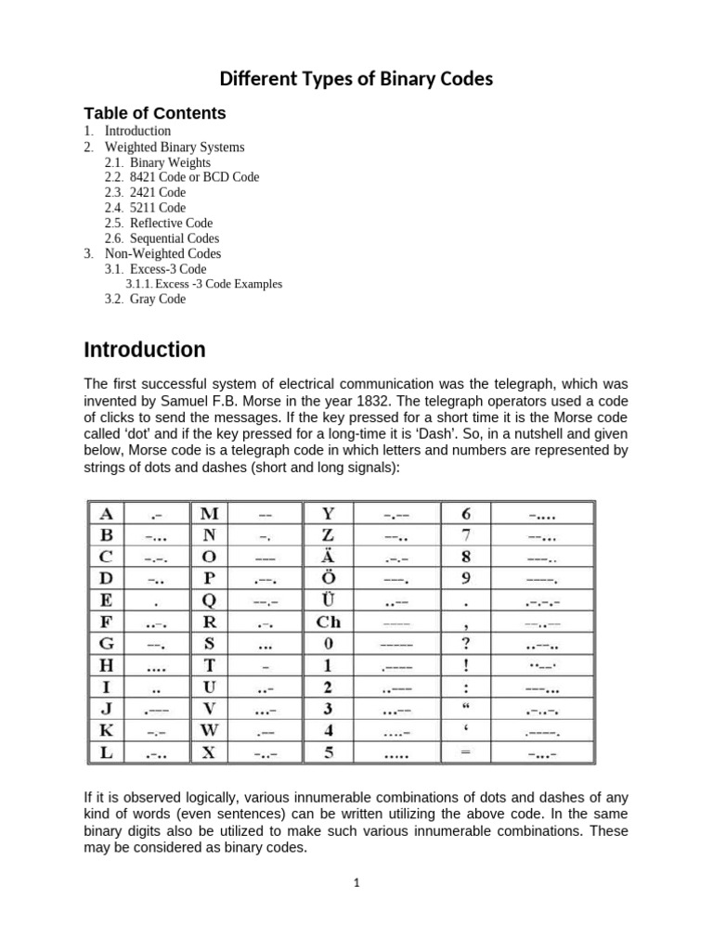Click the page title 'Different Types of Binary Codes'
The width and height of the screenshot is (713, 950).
[356, 79]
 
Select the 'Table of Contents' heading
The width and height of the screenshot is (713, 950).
[155, 113]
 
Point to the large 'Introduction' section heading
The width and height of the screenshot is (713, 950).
[145, 350]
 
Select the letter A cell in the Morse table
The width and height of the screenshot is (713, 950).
[106, 513]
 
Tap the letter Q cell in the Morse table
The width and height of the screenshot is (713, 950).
[209, 599]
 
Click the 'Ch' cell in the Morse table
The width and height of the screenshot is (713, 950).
[329, 621]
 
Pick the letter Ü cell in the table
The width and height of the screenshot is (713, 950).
[329, 599]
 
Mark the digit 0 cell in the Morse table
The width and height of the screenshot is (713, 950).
[329, 643]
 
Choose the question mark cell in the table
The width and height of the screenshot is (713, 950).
[466, 643]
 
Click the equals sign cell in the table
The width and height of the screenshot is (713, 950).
[466, 752]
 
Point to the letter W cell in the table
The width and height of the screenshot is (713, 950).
[209, 730]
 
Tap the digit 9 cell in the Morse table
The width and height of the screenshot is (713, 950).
[466, 578]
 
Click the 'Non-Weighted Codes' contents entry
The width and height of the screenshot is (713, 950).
[162, 253]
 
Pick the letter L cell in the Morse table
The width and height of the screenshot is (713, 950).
[106, 752]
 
